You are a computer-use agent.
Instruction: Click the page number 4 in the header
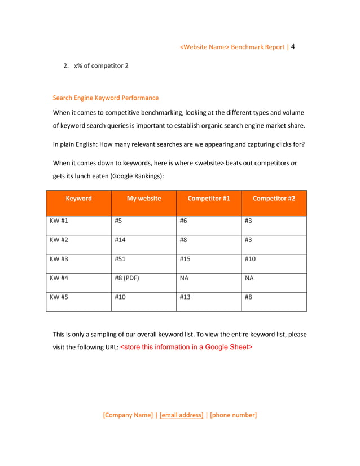tap(293, 46)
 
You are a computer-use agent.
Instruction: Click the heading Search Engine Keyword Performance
tap(106, 98)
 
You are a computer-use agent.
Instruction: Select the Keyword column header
tap(78, 198)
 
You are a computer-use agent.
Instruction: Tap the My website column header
tap(144, 198)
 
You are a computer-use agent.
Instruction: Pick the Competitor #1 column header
tap(209, 198)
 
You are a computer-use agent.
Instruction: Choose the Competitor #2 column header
tap(274, 198)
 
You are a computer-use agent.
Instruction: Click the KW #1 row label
tap(59, 221)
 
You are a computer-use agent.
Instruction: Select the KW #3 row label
tap(59, 259)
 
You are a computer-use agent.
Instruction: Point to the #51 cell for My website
tap(120, 259)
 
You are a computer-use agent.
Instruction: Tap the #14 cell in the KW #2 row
tap(120, 240)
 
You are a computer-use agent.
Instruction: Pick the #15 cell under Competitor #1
tap(186, 259)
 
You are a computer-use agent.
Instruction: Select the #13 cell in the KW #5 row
tap(186, 297)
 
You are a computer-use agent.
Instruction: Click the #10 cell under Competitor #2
tap(251, 259)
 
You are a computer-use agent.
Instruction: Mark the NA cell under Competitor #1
tap(184, 278)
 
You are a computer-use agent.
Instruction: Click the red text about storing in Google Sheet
tap(186, 347)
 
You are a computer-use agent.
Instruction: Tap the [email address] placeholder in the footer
tap(181, 415)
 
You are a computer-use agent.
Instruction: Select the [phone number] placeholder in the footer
tap(233, 415)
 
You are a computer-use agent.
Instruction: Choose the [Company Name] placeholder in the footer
tap(128, 415)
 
